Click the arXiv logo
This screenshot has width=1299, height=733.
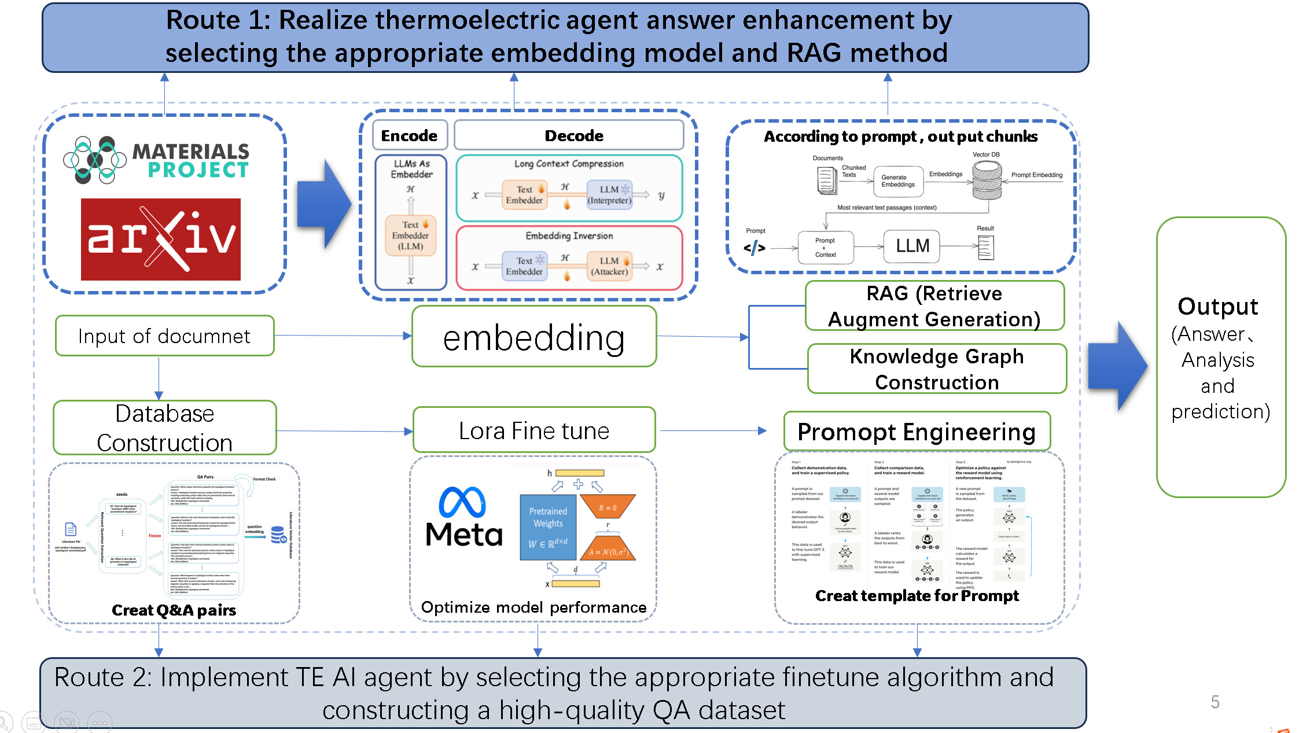(x=161, y=239)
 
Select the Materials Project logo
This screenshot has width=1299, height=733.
(x=156, y=160)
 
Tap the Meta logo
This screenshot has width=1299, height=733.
(x=463, y=517)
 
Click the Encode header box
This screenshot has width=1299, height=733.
(x=410, y=135)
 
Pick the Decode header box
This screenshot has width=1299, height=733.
(x=569, y=135)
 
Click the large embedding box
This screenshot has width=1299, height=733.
(x=534, y=337)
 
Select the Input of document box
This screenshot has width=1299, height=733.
(x=164, y=336)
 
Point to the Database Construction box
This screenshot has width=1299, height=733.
(x=164, y=428)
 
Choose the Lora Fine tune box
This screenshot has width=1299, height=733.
(x=534, y=430)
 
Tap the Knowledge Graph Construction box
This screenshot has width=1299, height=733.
(x=937, y=369)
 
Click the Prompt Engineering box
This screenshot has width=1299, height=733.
(x=917, y=432)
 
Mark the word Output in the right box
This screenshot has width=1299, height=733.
(x=1218, y=306)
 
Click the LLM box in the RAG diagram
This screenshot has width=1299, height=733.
(x=912, y=246)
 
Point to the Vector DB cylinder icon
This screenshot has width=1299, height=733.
(x=987, y=179)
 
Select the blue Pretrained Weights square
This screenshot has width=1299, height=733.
(x=548, y=527)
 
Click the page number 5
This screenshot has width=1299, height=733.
(x=1215, y=702)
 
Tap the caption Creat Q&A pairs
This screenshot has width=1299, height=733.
(x=174, y=610)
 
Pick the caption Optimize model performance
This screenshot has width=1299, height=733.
(x=533, y=607)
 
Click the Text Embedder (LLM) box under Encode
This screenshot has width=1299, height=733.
(x=410, y=235)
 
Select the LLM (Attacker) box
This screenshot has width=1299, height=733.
(x=609, y=266)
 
